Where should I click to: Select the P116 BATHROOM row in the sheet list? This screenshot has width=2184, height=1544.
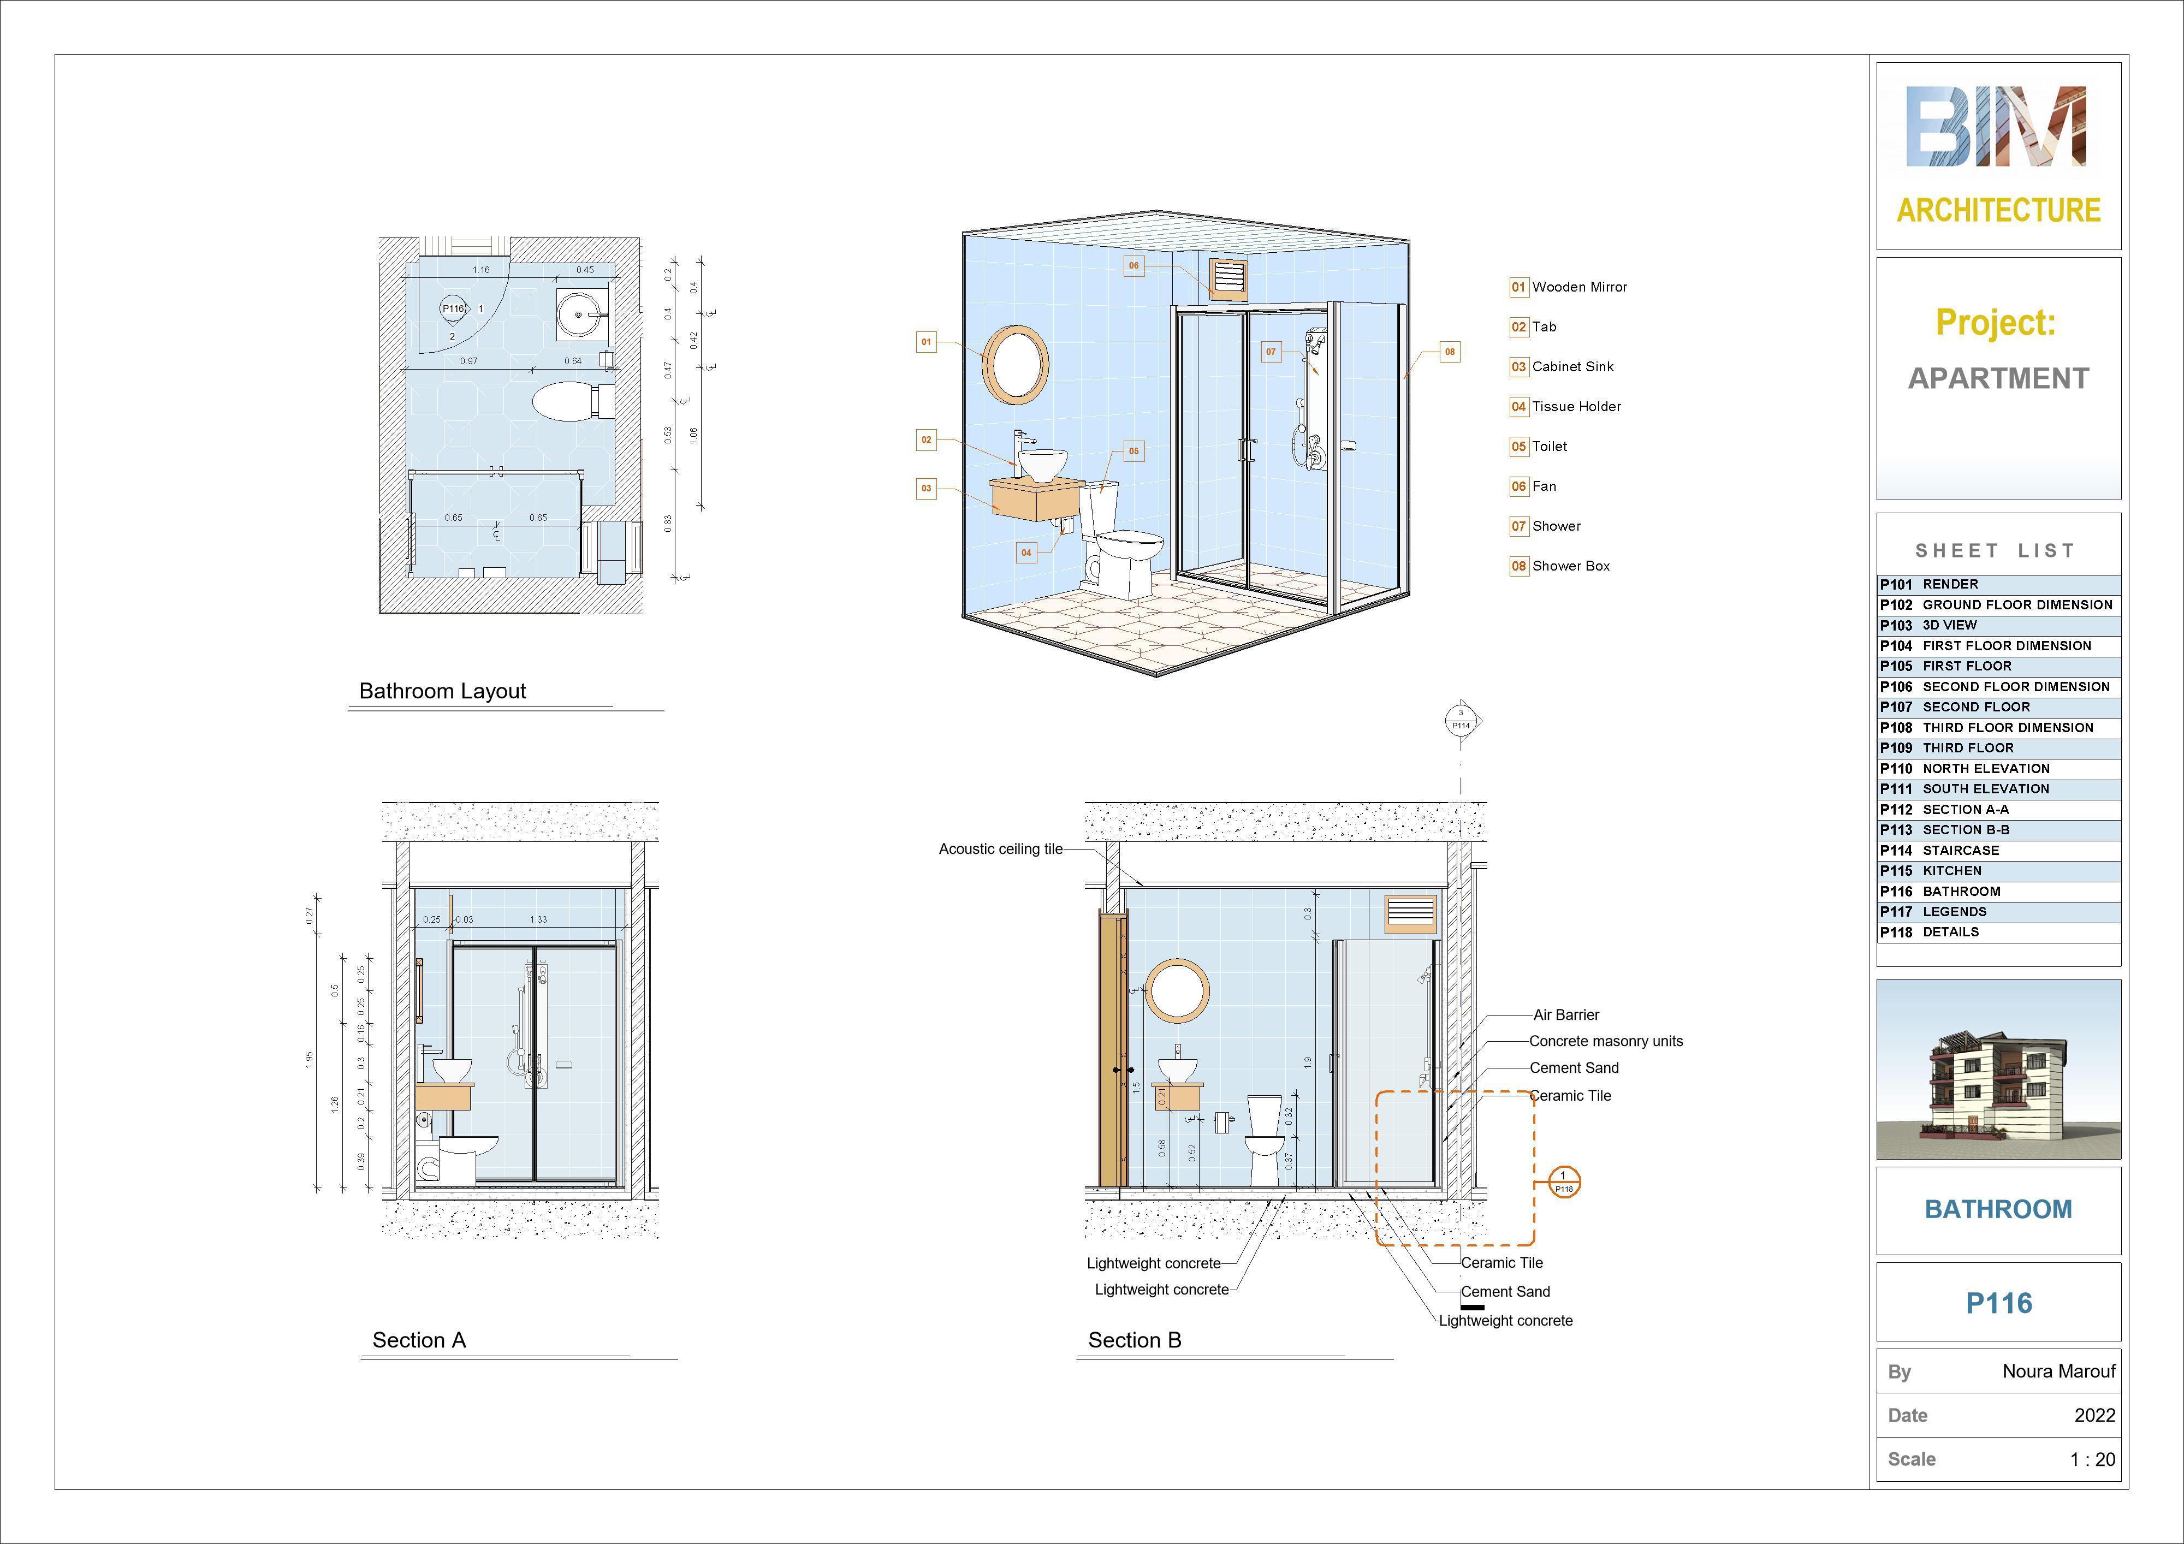(1998, 892)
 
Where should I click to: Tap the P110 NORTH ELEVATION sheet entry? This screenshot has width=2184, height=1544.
(1998, 769)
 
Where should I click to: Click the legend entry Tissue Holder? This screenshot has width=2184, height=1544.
(1575, 406)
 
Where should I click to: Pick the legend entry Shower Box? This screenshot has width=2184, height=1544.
(1570, 566)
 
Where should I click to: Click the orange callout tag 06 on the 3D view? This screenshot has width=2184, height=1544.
(1133, 265)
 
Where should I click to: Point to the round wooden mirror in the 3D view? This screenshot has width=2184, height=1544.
(1016, 361)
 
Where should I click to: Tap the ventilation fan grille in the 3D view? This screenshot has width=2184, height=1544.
(1228, 279)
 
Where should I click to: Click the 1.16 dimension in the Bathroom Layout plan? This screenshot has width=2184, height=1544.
(482, 270)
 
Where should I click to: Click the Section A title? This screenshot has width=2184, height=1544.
(419, 1340)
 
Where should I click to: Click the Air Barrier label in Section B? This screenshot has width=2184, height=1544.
(1566, 1015)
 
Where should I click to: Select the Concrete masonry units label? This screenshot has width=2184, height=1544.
(1606, 1042)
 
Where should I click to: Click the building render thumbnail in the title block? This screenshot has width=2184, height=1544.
(1998, 1070)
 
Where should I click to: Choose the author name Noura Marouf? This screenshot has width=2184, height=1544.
(2058, 1371)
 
